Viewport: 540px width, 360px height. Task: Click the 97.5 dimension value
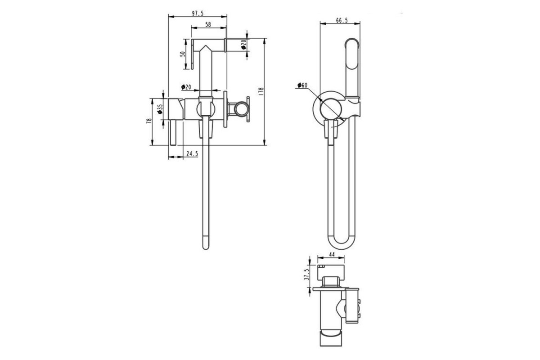(198, 13)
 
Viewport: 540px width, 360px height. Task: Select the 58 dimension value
(208, 25)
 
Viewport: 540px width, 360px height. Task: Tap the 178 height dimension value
(261, 92)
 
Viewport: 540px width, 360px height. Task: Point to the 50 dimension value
(183, 54)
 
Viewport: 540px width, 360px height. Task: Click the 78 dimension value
(149, 121)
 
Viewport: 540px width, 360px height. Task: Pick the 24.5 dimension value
(192, 153)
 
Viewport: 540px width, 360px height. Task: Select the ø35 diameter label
(160, 109)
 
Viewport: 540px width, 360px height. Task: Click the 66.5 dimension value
(342, 21)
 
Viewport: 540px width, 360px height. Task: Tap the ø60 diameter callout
(302, 85)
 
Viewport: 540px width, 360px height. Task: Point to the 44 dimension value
(332, 255)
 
